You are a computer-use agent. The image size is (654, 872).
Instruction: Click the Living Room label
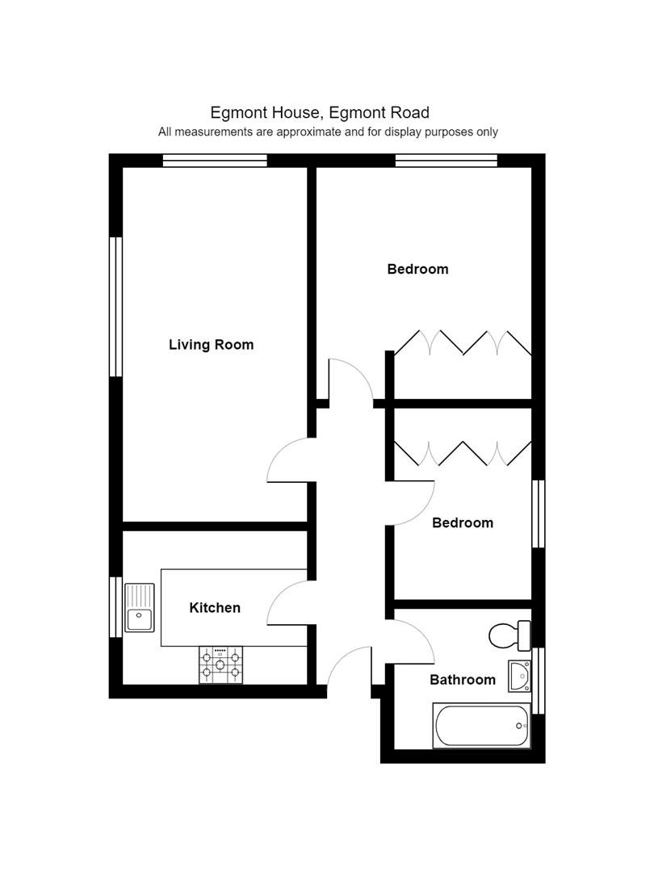(x=212, y=345)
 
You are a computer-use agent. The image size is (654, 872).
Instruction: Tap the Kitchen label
(x=215, y=608)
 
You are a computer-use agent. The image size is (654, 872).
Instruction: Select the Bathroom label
(x=463, y=680)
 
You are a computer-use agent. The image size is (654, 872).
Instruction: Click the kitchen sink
(x=139, y=608)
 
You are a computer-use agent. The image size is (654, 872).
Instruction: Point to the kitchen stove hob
(x=220, y=664)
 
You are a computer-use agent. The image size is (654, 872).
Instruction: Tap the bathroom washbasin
(x=519, y=677)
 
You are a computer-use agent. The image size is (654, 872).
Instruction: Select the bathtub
(x=481, y=725)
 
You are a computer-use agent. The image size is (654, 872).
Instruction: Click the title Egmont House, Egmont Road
(x=320, y=113)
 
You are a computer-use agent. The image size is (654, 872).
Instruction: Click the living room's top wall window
(x=215, y=161)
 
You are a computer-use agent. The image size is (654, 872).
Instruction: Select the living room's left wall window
(x=115, y=307)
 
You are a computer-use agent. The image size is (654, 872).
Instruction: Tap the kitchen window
(x=115, y=606)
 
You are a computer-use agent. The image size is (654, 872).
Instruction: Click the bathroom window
(x=539, y=681)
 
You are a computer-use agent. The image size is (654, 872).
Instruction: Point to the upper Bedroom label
(x=417, y=269)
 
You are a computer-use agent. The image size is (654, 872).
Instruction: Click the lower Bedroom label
(x=463, y=522)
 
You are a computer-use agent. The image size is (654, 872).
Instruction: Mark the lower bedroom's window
(x=539, y=514)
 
